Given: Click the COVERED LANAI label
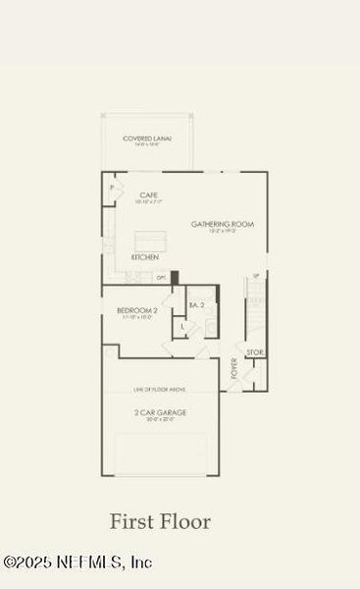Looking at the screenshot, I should tap(147, 138).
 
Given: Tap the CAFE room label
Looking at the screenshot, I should tap(149, 194).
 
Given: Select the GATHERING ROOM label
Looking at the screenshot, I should tap(223, 224).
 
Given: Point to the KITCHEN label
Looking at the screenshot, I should tap(145, 257).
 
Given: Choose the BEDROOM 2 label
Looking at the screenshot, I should tap(137, 310).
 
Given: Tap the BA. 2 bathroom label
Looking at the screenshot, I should tap(196, 305).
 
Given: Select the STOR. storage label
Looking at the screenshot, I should tap(254, 351).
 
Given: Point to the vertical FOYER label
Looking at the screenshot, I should tap(234, 368).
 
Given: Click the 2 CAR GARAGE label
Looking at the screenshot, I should tap(161, 412).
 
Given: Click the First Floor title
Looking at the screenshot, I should tap(160, 521).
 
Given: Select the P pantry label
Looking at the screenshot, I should tap(112, 187).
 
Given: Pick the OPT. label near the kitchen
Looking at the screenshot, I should tap(160, 278).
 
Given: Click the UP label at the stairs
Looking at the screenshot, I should tap(257, 276).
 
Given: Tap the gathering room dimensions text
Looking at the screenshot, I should tap(223, 232).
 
